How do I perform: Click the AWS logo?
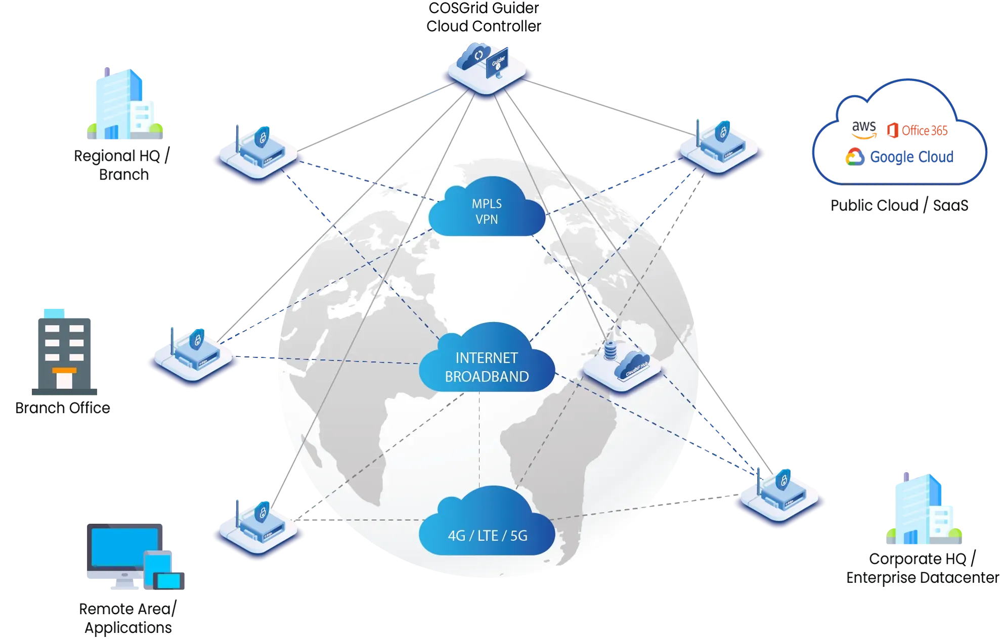(863, 130)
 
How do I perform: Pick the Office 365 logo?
(918, 130)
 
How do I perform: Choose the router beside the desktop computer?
(258, 526)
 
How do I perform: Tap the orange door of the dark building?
(64, 378)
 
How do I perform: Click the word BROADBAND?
(487, 377)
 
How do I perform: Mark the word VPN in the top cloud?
(487, 219)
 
